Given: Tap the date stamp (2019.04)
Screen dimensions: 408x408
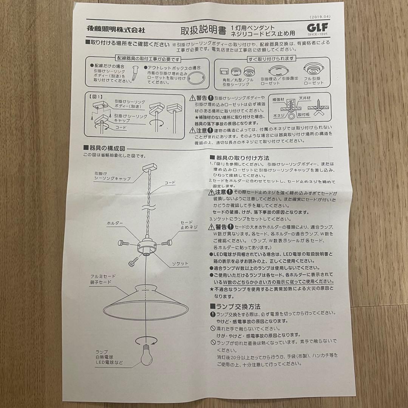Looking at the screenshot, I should click(320, 17).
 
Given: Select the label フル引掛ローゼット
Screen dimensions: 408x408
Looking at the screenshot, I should click(314, 81).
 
